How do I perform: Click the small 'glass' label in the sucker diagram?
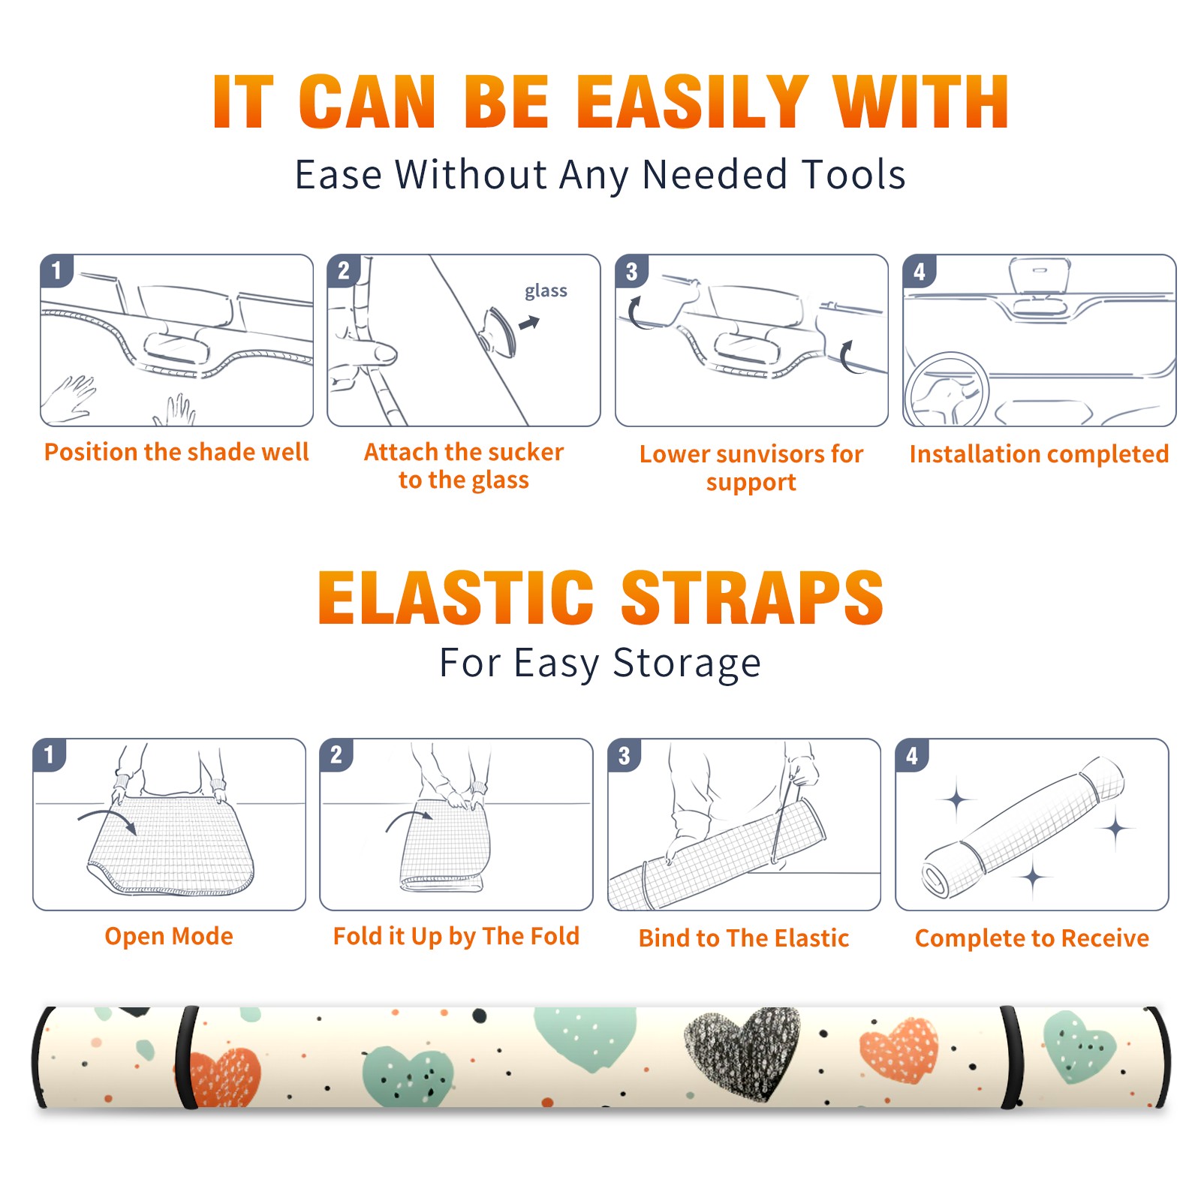546,291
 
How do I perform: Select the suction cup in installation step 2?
498,331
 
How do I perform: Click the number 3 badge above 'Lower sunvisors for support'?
631,271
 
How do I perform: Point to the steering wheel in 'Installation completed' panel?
947,390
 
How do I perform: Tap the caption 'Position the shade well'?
176,452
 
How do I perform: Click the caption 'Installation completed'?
1039,454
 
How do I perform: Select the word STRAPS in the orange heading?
752,597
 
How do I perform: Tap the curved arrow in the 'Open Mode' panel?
107,819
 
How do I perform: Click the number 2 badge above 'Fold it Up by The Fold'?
336,754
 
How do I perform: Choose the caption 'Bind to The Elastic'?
743,938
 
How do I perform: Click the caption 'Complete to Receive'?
1031,938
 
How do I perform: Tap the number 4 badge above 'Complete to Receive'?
911,755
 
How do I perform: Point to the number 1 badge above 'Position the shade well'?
56,270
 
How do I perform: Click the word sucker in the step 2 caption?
525,452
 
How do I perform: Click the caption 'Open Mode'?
169,937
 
